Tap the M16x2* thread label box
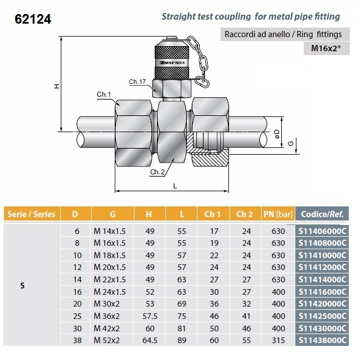click(328, 48)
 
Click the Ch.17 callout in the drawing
click(137, 82)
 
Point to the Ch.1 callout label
click(104, 95)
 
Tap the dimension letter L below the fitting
click(175, 185)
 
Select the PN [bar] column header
click(278, 214)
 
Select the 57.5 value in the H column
click(148, 316)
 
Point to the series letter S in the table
click(22, 285)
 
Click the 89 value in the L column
click(181, 340)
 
